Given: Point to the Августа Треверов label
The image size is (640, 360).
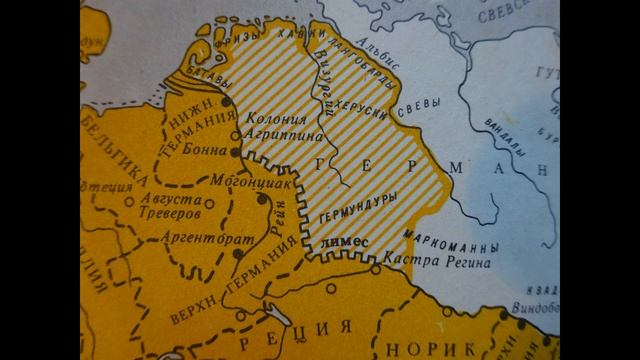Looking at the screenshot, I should (x=169, y=207).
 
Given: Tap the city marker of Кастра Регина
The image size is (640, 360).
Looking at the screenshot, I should (x=376, y=268).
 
